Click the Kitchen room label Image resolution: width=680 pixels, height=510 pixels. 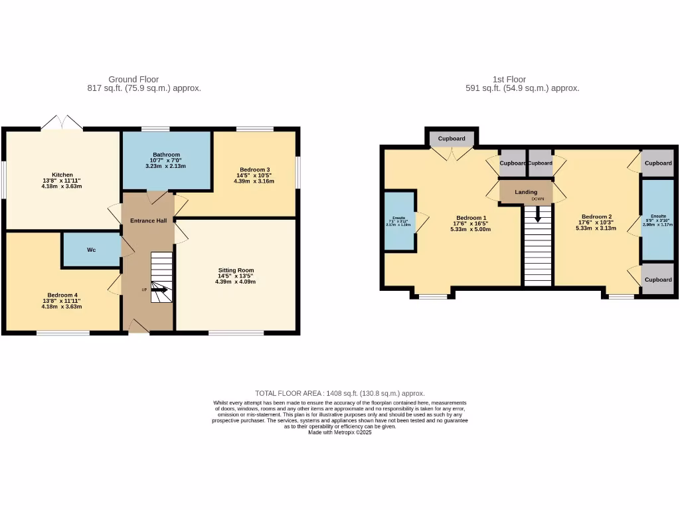pyautogui.click(x=62, y=175)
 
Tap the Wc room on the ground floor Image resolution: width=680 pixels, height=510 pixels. pyautogui.click(x=91, y=250)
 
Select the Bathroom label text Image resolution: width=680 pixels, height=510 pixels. pyautogui.click(x=166, y=155)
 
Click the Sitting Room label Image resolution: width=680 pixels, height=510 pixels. pyautogui.click(x=236, y=270)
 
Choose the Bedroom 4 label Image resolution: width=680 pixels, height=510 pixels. pyautogui.click(x=62, y=295)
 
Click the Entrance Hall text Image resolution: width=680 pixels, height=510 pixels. pyautogui.click(x=148, y=220)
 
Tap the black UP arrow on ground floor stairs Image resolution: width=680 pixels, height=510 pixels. pyautogui.click(x=159, y=289)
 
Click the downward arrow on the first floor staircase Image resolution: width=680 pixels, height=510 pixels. pyautogui.click(x=537, y=214)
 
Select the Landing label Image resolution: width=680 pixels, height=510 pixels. pyautogui.click(x=526, y=192)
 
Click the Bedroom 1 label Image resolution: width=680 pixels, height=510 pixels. pyautogui.click(x=471, y=218)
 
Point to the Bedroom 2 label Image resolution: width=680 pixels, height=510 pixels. pyautogui.click(x=596, y=216)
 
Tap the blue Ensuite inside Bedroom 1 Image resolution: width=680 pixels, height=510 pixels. pyautogui.click(x=398, y=221)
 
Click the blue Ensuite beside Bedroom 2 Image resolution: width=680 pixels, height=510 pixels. pyautogui.click(x=657, y=219)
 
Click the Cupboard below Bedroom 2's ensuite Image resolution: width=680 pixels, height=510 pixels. pyautogui.click(x=658, y=280)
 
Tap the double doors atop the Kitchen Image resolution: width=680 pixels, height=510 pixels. pyautogui.click(x=62, y=122)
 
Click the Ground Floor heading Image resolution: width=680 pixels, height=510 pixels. pyautogui.click(x=133, y=79)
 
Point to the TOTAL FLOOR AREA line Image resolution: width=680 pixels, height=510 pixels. pyautogui.click(x=339, y=393)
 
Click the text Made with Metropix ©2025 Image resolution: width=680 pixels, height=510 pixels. pyautogui.click(x=339, y=432)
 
